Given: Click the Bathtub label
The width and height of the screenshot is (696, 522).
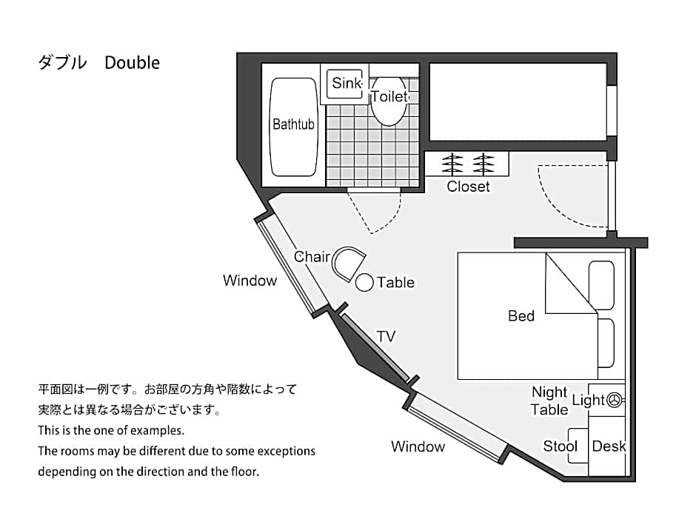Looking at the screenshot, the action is [293, 124].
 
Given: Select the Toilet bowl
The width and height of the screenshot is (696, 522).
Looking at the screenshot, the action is [389, 101].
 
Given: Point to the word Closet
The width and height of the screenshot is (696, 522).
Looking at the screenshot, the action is [468, 187].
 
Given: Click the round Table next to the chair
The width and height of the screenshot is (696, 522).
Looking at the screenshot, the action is [364, 283].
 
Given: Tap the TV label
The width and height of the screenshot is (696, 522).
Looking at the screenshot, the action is [386, 336].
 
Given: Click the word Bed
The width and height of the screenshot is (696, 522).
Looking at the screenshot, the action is [521, 316].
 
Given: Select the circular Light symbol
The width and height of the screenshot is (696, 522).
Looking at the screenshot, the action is [615, 400].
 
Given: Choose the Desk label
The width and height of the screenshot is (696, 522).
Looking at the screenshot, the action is [609, 446].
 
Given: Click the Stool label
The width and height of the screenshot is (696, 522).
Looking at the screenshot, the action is [561, 446].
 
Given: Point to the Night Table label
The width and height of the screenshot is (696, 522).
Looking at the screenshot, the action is [549, 401].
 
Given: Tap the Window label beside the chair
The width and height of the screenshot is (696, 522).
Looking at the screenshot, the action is [250, 281].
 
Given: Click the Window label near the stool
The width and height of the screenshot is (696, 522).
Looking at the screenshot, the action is [418, 446].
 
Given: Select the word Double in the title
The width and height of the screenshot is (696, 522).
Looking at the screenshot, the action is [133, 63].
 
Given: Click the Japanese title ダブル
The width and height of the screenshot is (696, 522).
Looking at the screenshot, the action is [62, 63].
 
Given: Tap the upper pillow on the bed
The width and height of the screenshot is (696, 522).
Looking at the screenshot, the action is [601, 285].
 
